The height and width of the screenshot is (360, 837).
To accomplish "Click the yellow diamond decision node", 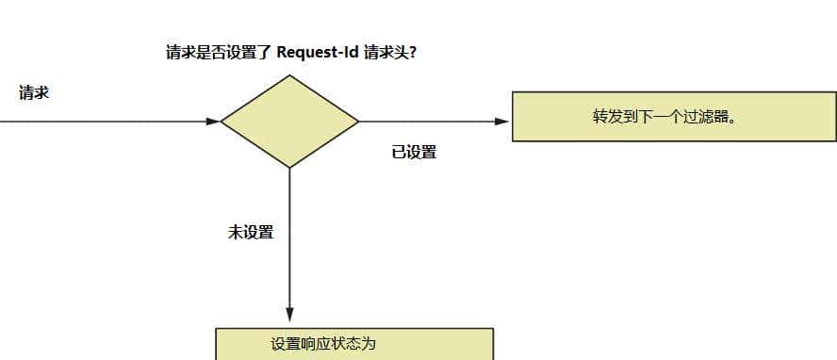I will [289, 122].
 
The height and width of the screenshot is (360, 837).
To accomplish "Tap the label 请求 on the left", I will [34, 92].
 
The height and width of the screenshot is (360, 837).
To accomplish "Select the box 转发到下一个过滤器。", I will [673, 117].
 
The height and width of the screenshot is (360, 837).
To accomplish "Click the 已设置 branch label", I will [414, 152].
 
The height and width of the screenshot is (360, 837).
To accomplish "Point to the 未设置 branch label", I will [251, 232].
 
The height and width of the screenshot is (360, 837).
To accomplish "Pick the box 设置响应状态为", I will [353, 344].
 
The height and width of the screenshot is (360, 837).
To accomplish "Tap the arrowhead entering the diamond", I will [213, 122].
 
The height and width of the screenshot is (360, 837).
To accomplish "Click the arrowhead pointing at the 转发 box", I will [502, 122].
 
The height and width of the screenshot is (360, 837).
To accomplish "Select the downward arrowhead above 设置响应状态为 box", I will [289, 316].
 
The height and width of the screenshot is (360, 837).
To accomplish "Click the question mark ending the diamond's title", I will [414, 53].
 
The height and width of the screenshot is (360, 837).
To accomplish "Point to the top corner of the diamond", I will [289, 76].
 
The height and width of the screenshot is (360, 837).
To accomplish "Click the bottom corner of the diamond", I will [289, 167].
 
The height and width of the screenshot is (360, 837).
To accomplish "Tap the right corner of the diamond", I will [357, 122].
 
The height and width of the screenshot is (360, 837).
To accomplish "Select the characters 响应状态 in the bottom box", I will [335, 344].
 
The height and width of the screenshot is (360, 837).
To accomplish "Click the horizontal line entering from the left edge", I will [94, 122].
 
